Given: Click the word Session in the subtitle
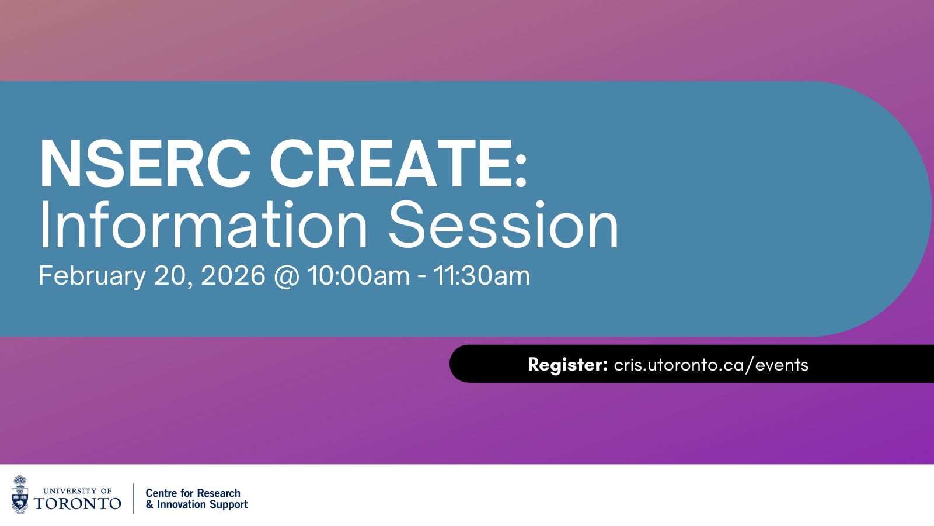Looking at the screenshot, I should coord(503,225).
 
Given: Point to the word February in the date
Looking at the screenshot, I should coord(92,276).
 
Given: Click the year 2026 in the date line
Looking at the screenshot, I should coord(233,276).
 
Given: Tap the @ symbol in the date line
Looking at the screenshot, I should coord(286,276).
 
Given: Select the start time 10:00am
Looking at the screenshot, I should coord(358,276).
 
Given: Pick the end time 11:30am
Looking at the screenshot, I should coord(482,276).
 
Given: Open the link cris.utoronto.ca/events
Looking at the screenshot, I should coord(711,365).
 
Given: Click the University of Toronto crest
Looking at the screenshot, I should coord(20,495).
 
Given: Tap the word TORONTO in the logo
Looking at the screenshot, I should coord(78,503).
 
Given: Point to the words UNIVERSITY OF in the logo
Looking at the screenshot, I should coord(78,491).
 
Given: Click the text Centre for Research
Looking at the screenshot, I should coord(193,493).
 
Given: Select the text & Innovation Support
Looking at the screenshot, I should coord(197,504).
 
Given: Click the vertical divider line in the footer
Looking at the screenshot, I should coord(133,498).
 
